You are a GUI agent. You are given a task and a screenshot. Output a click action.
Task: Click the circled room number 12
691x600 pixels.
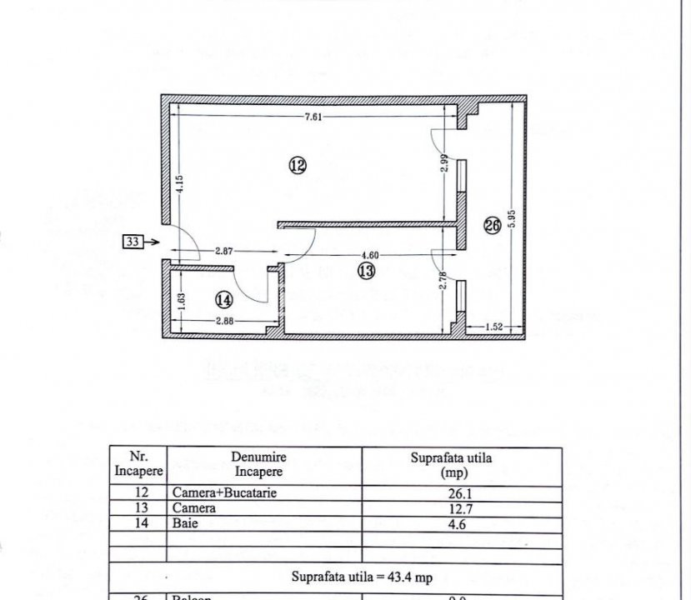tap(298, 165)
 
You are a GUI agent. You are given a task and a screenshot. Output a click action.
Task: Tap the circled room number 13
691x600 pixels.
tap(366, 270)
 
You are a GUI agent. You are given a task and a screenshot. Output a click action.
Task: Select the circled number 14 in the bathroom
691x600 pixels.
tap(223, 297)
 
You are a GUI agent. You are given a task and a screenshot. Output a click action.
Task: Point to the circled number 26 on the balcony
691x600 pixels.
tap(492, 224)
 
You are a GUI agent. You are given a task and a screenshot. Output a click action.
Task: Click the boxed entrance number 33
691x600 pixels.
tap(133, 242)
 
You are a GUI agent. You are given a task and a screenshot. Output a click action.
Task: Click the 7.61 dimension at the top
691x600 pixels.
tap(313, 117)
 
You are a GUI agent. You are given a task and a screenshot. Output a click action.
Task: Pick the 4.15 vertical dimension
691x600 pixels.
tap(178, 183)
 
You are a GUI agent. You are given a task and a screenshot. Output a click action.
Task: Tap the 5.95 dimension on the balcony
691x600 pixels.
tap(513, 220)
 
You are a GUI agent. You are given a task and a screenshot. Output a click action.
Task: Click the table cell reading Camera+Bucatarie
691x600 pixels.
tap(223, 492)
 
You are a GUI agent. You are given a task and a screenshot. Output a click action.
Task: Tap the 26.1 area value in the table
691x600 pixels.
tap(460, 492)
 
